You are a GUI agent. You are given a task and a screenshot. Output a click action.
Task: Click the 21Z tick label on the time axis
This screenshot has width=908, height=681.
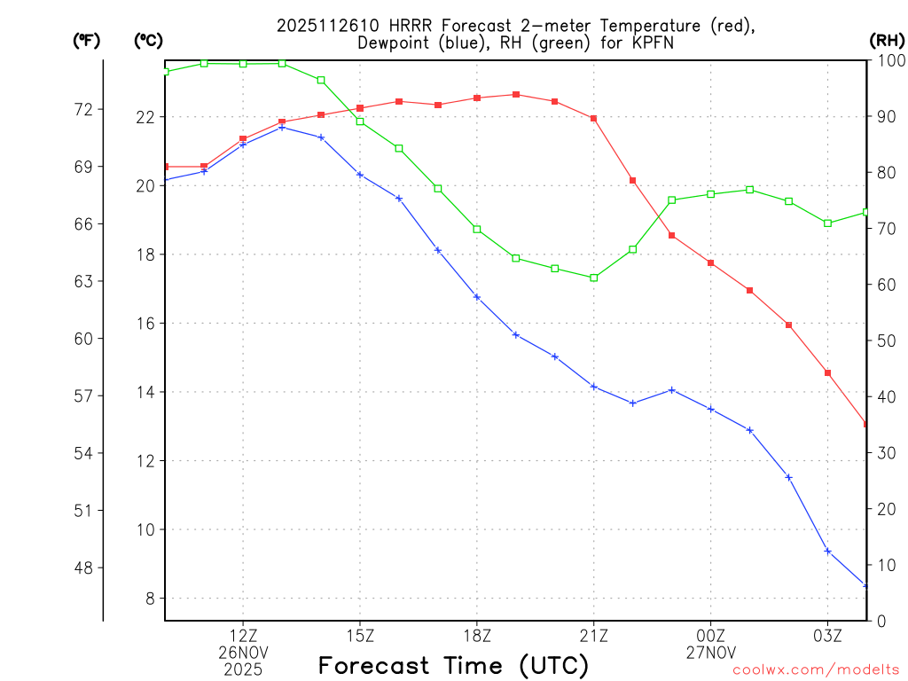click(593, 635)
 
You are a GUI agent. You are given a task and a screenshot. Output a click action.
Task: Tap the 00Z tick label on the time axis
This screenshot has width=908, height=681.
click(710, 635)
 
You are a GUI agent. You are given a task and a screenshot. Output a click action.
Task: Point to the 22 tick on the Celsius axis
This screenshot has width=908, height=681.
click(145, 117)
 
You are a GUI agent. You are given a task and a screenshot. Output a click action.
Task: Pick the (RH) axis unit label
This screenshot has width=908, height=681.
click(887, 40)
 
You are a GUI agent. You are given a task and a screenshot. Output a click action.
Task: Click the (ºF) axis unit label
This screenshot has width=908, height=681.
click(88, 40)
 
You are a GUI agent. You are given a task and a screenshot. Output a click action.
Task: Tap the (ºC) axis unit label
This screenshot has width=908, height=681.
click(149, 40)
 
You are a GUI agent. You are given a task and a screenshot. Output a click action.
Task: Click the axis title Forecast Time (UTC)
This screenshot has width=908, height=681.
click(453, 665)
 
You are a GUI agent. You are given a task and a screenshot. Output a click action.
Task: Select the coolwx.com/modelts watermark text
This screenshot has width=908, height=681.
click(816, 670)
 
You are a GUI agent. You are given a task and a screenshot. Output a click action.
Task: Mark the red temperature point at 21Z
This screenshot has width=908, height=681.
click(593, 118)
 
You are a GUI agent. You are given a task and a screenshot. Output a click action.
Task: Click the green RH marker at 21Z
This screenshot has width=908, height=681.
click(593, 278)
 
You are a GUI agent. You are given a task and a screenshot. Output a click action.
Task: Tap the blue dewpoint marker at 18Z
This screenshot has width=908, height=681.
click(476, 297)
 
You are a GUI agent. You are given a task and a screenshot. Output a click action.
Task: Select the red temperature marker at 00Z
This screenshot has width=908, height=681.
click(710, 262)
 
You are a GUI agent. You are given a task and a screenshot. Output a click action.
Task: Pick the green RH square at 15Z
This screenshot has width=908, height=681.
click(359, 121)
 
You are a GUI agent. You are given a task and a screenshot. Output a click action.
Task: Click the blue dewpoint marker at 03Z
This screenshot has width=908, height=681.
click(827, 552)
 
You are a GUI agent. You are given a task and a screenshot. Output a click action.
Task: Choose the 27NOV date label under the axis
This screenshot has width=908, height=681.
click(710, 653)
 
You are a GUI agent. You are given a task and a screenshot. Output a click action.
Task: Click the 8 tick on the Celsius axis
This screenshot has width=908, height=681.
click(150, 599)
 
